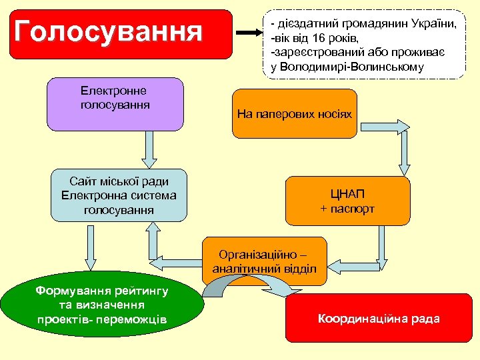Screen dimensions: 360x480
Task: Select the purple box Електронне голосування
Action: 115,103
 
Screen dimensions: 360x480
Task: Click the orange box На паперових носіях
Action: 294,113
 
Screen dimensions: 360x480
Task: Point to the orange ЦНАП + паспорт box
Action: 347,201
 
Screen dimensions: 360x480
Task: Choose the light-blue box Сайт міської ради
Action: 119,195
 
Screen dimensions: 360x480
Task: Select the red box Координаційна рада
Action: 379,318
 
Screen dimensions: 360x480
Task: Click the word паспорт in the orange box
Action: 353,209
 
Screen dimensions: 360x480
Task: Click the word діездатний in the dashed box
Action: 305,24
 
